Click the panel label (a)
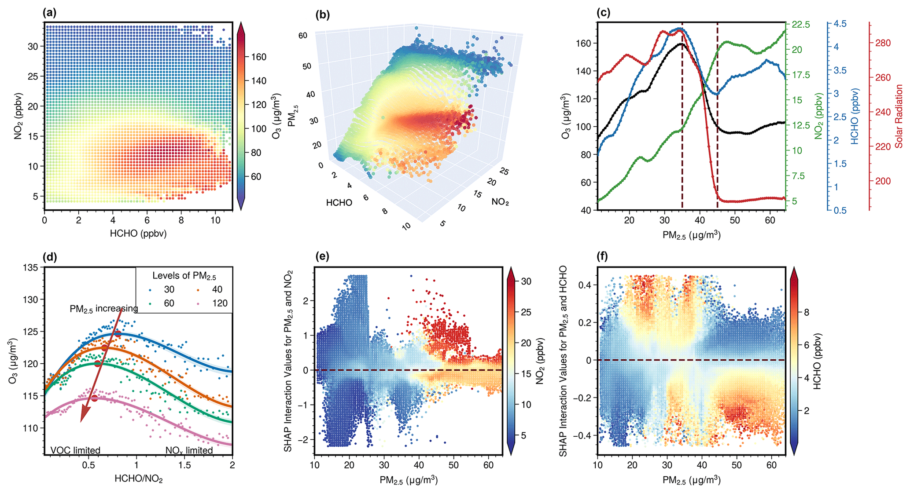pyautogui.click(x=50, y=13)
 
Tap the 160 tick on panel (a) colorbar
pyautogui.click(x=258, y=57)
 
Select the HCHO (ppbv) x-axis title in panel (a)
pyautogui.click(x=138, y=234)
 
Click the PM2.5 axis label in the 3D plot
pyautogui.click(x=292, y=116)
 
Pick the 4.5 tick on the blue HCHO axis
pyautogui.click(x=840, y=24)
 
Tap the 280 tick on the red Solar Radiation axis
pyautogui.click(x=880, y=43)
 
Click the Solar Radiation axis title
pyautogui.click(x=899, y=117)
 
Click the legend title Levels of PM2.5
pyautogui.click(x=184, y=276)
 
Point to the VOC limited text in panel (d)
pyautogui.click(x=75, y=450)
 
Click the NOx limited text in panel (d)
pyautogui.click(x=189, y=450)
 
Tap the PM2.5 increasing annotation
pyautogui.click(x=103, y=309)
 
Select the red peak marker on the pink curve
pyautogui.click(x=94, y=398)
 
